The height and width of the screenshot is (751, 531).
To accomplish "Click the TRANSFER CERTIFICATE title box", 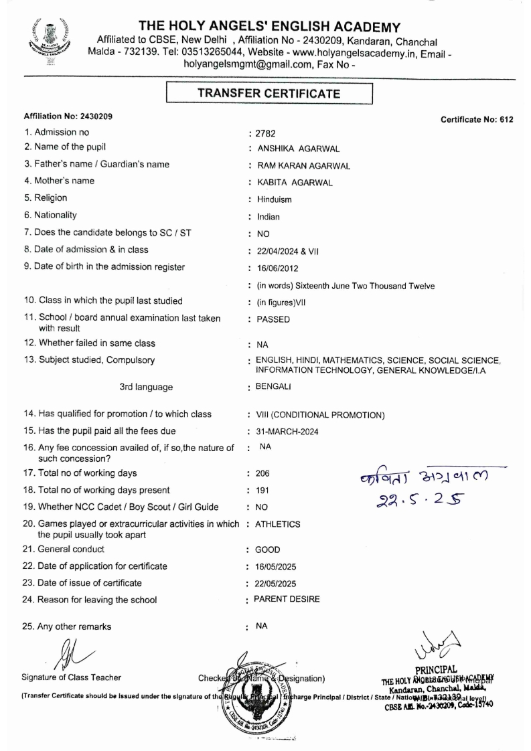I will pyautogui.click(x=269, y=94).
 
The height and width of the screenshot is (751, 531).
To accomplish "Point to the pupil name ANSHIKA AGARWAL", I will pyautogui.click(x=291, y=149).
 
